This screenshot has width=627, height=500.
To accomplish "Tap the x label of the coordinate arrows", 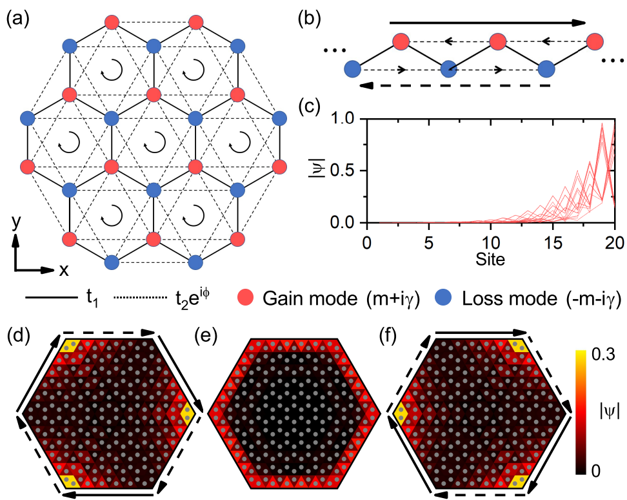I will click(x=64, y=270).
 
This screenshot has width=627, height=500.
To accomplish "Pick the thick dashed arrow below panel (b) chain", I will click(x=455, y=85).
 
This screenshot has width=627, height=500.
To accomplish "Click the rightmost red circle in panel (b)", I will click(x=595, y=43).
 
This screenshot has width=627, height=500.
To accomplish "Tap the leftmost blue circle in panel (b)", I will click(x=352, y=68).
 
